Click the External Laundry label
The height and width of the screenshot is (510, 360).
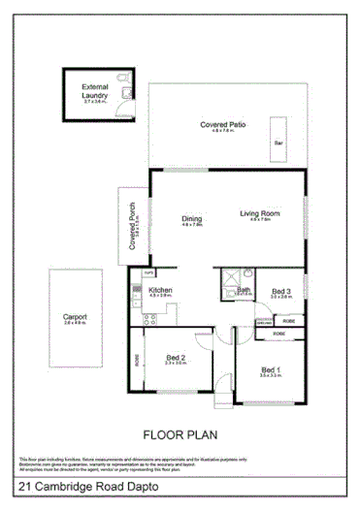(95, 91)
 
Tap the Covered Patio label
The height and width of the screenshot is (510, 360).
(223, 126)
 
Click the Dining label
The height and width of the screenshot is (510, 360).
(192, 218)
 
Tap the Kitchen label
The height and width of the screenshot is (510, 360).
(160, 289)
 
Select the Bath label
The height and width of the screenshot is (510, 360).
(244, 289)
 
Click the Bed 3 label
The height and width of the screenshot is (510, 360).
(280, 291)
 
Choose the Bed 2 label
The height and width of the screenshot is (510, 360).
(176, 357)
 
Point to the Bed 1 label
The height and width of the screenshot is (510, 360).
(271, 369)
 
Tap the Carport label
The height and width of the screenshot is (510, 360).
(75, 317)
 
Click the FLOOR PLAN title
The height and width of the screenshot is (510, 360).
(178, 435)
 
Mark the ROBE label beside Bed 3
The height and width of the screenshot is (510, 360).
(278, 333)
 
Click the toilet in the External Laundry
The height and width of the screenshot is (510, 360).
(127, 92)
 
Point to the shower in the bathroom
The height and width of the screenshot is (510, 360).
(229, 275)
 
